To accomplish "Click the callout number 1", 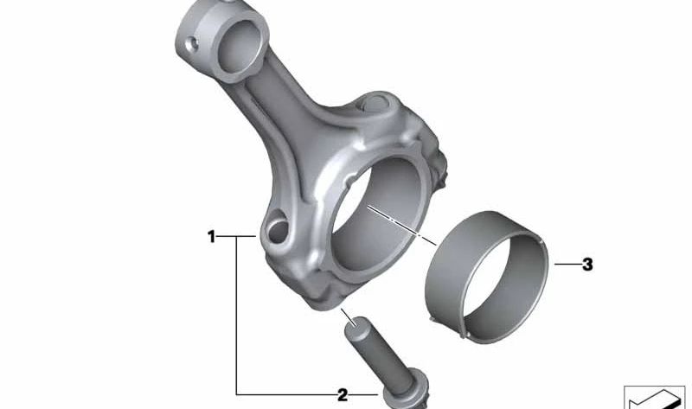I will (211, 235).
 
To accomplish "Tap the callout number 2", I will (343, 395).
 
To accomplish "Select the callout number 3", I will (587, 265).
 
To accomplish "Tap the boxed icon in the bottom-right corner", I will (655, 397).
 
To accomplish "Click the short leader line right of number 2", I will (363, 395).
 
